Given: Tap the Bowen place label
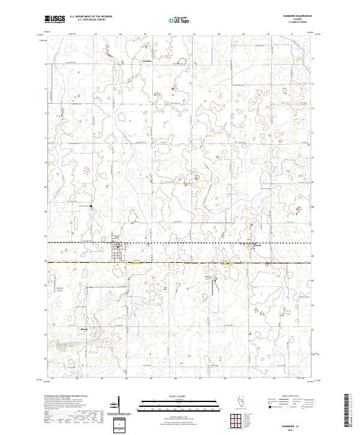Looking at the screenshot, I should [84, 329].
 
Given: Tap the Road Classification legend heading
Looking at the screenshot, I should [287, 397].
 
